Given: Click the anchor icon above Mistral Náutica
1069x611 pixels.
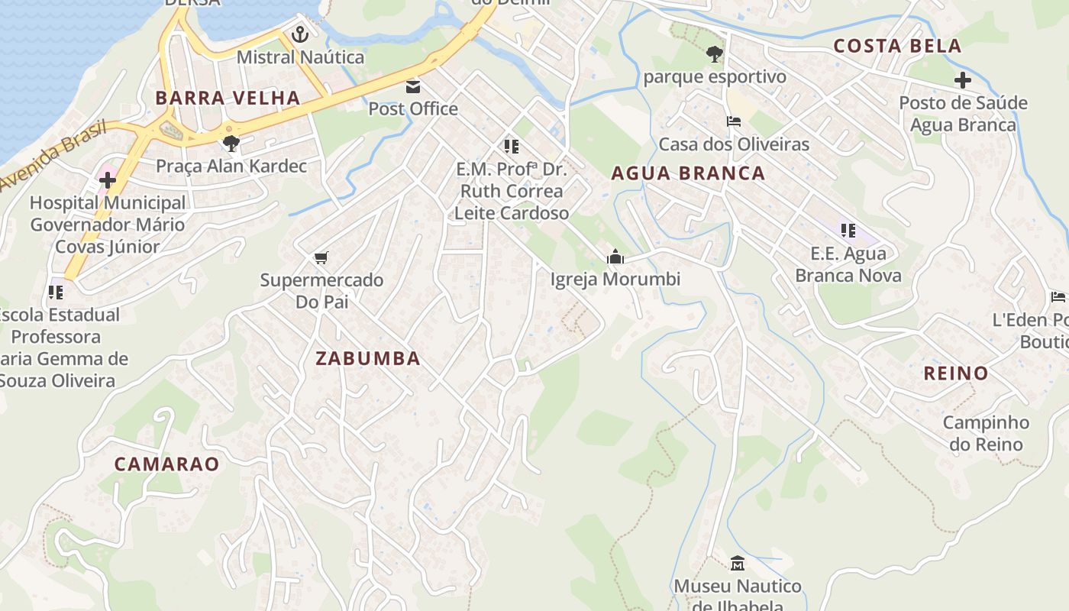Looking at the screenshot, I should coord(300,34).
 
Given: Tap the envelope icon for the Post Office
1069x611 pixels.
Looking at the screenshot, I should coord(413,86).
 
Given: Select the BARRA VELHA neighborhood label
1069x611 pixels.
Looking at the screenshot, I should coord(228,98).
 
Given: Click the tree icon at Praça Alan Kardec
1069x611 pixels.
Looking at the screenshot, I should coord(231,143).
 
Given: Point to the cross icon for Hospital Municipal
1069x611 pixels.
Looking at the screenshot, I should coord(108,180).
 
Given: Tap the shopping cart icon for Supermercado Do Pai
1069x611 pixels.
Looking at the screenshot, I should coord(321,257).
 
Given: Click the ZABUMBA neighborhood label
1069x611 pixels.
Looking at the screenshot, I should coord(368,358).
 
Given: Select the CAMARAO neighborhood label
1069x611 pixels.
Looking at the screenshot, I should coord(166,464).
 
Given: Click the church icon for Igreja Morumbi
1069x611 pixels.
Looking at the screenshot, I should coord(615,257).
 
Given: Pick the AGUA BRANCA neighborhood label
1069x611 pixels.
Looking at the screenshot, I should coord(688,173).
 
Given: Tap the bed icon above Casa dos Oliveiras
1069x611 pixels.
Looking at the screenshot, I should coord(733,121).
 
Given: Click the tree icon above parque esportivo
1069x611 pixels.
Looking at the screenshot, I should coord(714,54).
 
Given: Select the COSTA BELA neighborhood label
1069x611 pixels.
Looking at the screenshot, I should coord(897,46).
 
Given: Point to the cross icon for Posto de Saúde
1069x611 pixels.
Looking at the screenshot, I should coord(963,80).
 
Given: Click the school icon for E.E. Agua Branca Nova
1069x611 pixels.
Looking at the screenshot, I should coord(848,231).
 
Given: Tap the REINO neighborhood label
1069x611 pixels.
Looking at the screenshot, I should coord(956,373).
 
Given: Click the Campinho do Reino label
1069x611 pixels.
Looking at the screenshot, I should coord(986,433).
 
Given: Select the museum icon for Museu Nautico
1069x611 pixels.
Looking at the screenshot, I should coord(738,564).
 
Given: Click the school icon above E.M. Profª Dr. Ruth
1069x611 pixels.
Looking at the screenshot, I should coord(511,145).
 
